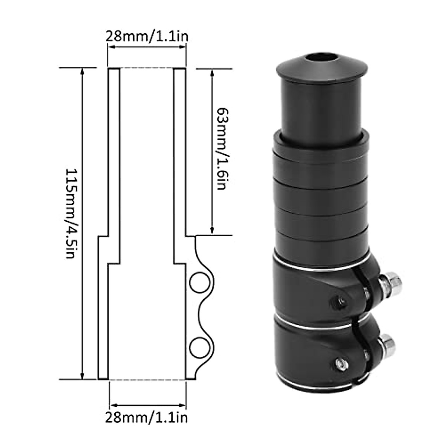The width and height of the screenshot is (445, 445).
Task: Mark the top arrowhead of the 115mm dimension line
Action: coord(82,71)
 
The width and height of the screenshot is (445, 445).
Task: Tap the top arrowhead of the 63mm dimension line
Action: coord(212,72)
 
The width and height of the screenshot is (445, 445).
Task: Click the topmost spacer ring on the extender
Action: coord(321,145)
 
